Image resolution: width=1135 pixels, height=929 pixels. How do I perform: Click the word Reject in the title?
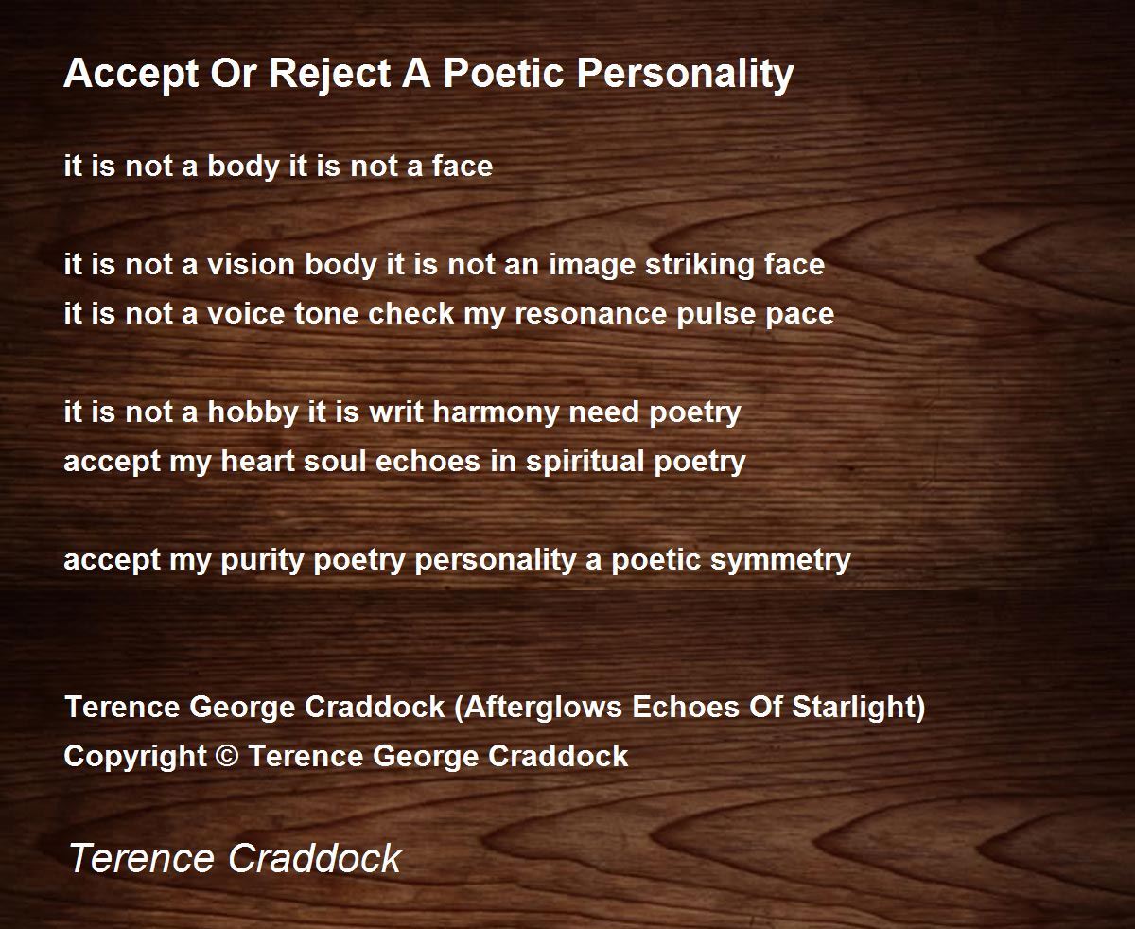(330, 74)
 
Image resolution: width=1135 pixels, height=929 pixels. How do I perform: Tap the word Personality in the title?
(685, 74)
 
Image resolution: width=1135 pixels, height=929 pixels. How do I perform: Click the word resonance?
(591, 314)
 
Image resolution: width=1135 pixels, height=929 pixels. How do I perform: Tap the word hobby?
(253, 412)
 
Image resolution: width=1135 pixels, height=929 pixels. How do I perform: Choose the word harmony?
(496, 412)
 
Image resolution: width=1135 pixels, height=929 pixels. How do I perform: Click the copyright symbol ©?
(227, 756)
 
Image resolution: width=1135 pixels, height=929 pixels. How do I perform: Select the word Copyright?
(135, 757)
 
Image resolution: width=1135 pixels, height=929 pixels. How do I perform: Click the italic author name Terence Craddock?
(235, 857)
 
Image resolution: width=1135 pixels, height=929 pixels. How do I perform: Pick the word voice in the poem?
(246, 314)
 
